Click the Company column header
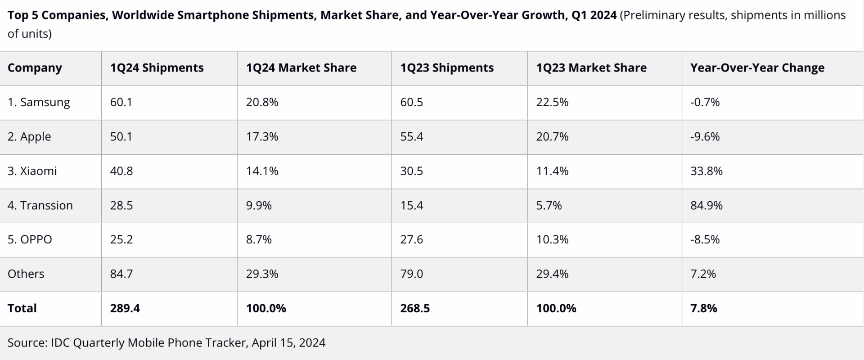click(x=35, y=68)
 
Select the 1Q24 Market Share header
click(x=301, y=68)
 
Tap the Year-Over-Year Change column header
click(x=757, y=68)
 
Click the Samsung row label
click(x=39, y=103)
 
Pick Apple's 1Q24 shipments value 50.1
click(x=121, y=137)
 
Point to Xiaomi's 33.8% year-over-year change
click(x=706, y=171)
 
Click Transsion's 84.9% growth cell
click(x=706, y=206)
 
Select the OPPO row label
click(x=30, y=240)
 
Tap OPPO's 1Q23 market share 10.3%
click(x=552, y=240)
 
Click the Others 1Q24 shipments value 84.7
click(x=121, y=274)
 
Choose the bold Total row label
click(x=22, y=308)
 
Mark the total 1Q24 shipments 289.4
click(x=125, y=308)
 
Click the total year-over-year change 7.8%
click(x=703, y=308)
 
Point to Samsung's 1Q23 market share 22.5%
click(x=552, y=103)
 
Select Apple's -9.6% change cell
click(x=705, y=137)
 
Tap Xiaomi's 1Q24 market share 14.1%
click(x=262, y=171)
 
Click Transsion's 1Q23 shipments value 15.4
click(x=411, y=206)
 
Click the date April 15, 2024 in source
click(x=288, y=343)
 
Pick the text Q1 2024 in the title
click(x=594, y=15)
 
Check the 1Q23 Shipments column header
click(x=447, y=68)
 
